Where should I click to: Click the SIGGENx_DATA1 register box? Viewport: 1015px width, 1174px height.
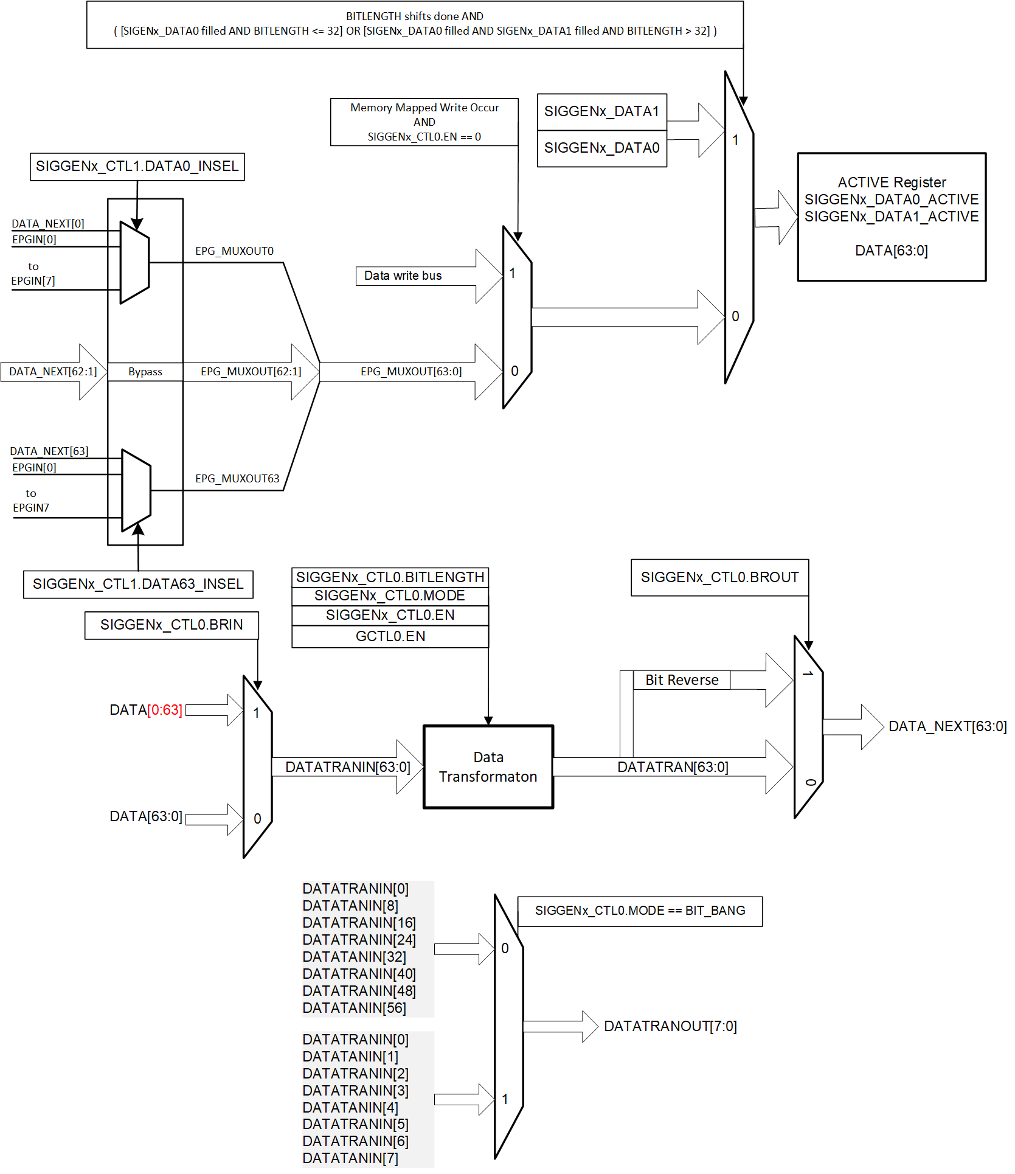pyautogui.click(x=601, y=112)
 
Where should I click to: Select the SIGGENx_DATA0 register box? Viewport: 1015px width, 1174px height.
pyautogui.click(x=601, y=148)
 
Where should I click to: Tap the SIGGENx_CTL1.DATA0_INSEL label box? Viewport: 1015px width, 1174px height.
pyautogui.click(x=137, y=167)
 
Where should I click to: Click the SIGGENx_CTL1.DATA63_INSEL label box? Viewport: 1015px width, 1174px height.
pyautogui.click(x=138, y=585)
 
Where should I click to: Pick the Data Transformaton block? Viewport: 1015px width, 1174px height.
pyautogui.click(x=488, y=767)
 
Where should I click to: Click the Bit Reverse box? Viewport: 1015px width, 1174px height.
pyautogui.click(x=681, y=680)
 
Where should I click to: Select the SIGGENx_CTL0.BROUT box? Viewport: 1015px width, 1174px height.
pyautogui.click(x=719, y=578)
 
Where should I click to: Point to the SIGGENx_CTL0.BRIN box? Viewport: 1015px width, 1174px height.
pyautogui.click(x=171, y=625)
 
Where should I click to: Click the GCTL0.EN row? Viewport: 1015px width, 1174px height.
pyautogui.click(x=390, y=637)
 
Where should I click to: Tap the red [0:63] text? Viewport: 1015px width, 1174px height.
pyautogui.click(x=164, y=710)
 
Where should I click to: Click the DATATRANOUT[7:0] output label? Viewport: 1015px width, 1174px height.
pyautogui.click(x=670, y=1027)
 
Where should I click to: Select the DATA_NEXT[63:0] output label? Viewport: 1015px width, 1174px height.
pyautogui.click(x=947, y=727)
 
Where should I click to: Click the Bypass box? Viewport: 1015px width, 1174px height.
pyautogui.click(x=145, y=372)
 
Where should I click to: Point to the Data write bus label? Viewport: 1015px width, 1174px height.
pyautogui.click(x=403, y=276)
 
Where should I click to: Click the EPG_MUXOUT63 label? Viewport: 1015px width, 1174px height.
pyautogui.click(x=237, y=479)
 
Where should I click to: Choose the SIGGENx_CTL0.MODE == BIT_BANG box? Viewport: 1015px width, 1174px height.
pyautogui.click(x=640, y=911)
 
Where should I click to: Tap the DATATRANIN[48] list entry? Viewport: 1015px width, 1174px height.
pyautogui.click(x=359, y=992)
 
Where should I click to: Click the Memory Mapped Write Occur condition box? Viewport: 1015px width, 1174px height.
pyautogui.click(x=424, y=122)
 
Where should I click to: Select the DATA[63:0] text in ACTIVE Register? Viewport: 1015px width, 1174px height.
pyautogui.click(x=891, y=251)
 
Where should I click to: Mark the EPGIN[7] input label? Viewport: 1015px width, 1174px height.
pyautogui.click(x=33, y=281)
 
